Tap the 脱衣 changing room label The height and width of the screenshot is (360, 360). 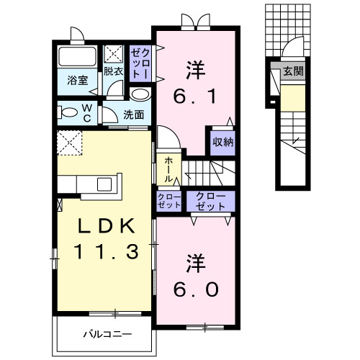pos(114,71)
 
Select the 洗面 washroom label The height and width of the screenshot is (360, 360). pos(133,114)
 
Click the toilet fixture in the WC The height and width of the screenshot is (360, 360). pos(70,112)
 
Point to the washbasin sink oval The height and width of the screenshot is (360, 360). pos(141,94)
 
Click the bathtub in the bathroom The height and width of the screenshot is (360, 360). pos(78,58)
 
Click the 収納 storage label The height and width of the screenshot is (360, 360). pos(222,141)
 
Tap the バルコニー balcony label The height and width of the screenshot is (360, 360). pos(106,333)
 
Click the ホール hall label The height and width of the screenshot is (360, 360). pos(168,169)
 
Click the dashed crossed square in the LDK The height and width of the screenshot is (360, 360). pos(71,143)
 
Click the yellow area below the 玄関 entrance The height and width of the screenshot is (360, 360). pos(292,99)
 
